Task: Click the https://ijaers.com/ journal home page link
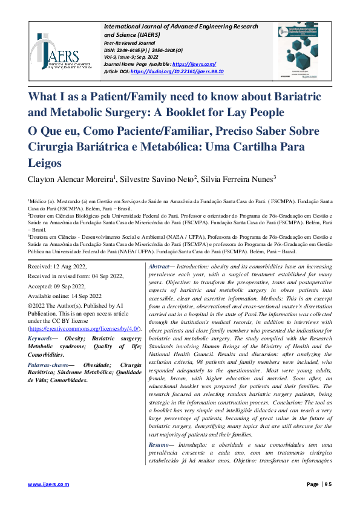194,64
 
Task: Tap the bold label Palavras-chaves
48,366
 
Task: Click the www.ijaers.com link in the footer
49,484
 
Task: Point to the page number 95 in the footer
327,484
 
